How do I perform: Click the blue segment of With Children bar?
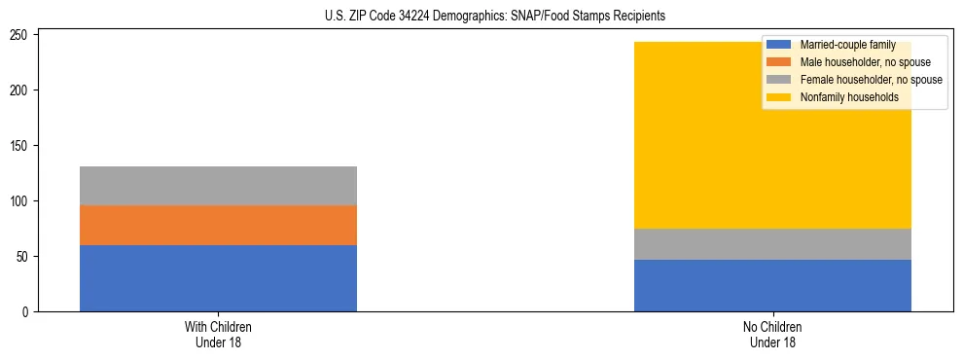tap(218, 278)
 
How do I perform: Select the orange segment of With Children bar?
tap(218, 225)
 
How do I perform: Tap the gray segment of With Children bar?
tap(218, 186)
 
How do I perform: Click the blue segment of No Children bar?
tap(772, 285)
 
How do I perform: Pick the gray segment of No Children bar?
tap(772, 244)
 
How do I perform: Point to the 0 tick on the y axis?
tap(27, 312)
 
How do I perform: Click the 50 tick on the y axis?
tap(24, 257)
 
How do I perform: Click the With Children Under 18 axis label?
tap(218, 335)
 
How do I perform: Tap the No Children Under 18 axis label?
tap(772, 335)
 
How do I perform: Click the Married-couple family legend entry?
tap(847, 45)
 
